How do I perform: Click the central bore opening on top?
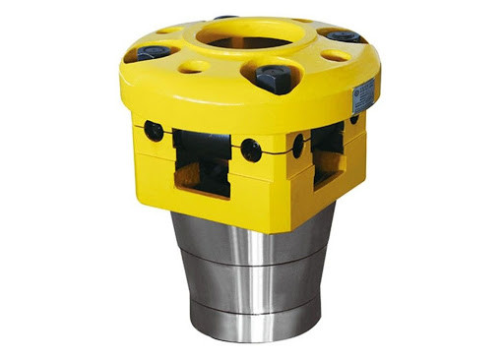pos(250,42)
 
